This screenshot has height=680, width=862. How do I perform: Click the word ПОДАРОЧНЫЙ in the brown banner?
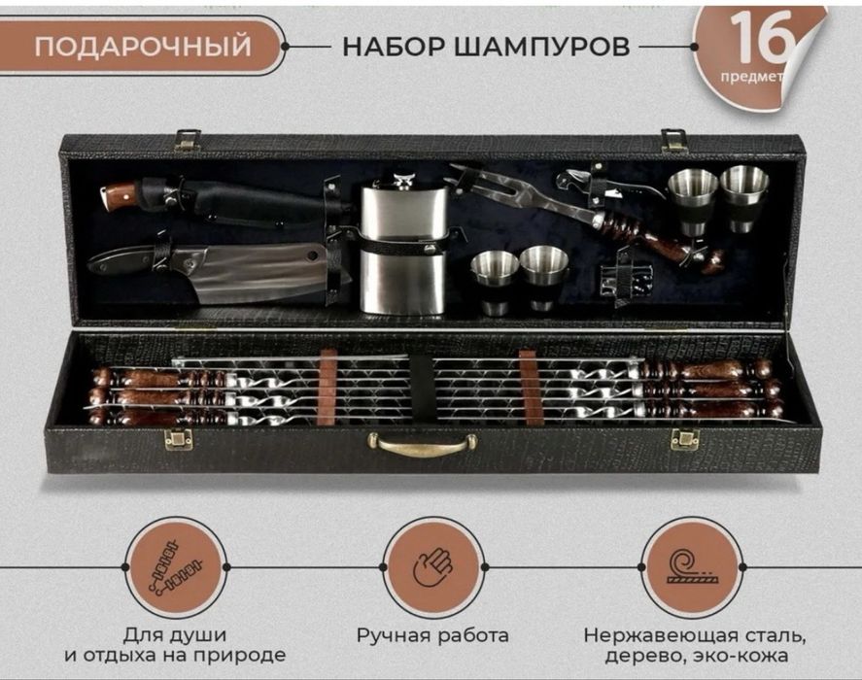pyautogui.click(x=143, y=46)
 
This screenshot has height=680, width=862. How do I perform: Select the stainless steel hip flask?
pyautogui.click(x=402, y=248)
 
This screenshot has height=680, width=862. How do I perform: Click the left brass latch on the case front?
pyautogui.click(x=178, y=440)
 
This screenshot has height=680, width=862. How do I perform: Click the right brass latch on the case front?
pyautogui.click(x=684, y=439)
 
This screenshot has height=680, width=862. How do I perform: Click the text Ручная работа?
pyautogui.click(x=431, y=636)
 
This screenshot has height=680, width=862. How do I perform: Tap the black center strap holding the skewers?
pyautogui.click(x=422, y=389)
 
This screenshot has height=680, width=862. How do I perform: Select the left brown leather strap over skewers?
pyautogui.click(x=328, y=387)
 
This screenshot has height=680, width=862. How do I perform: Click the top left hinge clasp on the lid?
pyautogui.click(x=188, y=141)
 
